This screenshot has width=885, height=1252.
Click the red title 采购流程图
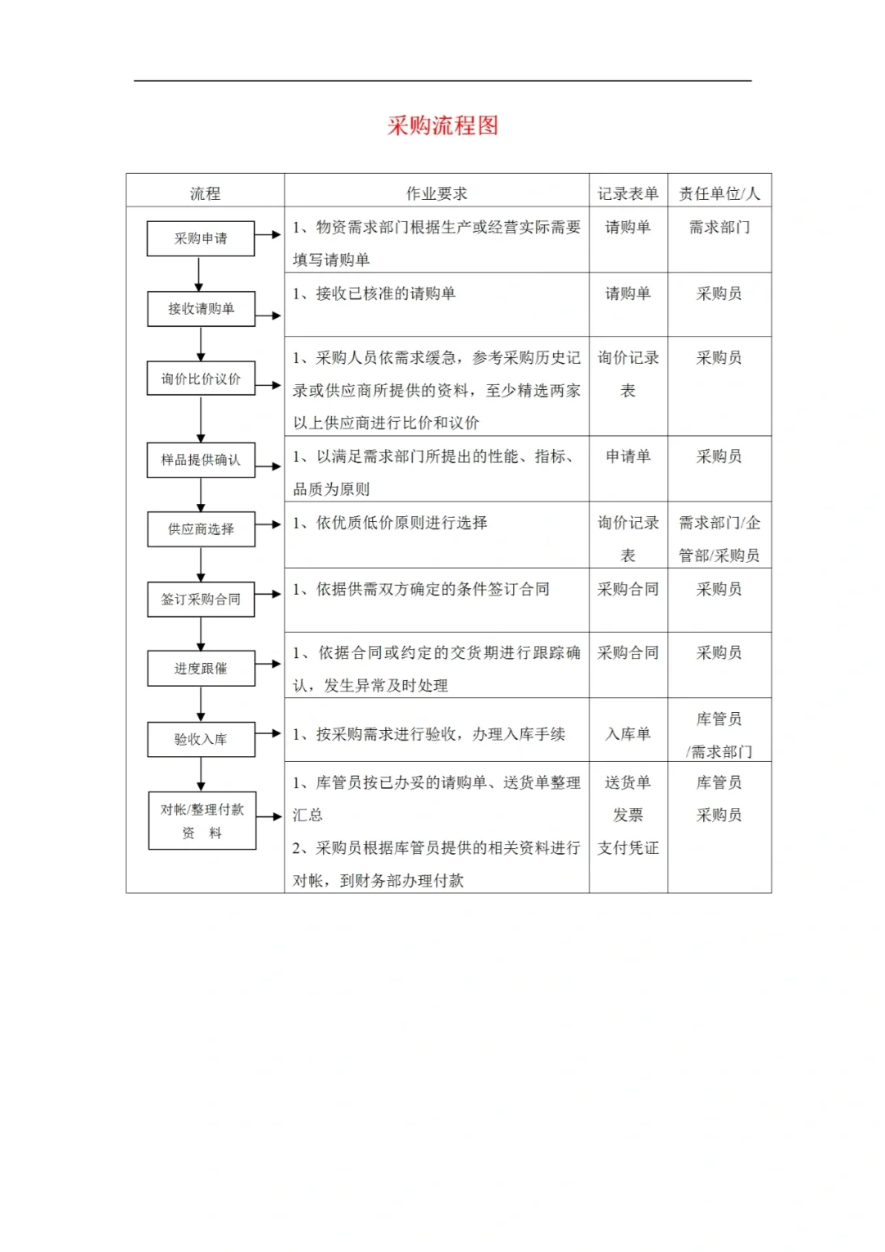pos(442,125)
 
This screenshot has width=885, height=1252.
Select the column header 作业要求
pos(437,193)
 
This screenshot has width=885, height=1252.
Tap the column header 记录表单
pos(628,193)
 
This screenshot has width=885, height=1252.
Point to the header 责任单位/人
pos(719,193)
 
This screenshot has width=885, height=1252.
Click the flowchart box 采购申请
pos(201,238)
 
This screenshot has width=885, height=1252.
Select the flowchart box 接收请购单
pos(201,309)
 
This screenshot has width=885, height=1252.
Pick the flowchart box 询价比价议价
pos(201,379)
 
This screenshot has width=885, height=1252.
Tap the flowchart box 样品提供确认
pos(201,460)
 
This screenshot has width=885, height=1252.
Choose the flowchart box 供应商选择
pos(201,529)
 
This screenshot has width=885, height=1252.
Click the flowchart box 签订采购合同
pos(201,599)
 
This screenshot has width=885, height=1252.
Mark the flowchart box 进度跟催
pos(201,669)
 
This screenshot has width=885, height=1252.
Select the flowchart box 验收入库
pos(201,739)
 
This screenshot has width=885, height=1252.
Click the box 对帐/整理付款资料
pos(202,820)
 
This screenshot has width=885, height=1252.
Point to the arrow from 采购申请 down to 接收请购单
pos(199,274)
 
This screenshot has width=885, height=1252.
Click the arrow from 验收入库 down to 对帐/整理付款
pos(201,774)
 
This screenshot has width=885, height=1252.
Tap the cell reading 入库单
pos(628,734)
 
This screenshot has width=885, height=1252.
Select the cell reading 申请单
pos(628,456)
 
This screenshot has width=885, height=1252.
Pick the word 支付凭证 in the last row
pos(628,848)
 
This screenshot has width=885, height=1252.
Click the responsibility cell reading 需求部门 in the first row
pos(719,227)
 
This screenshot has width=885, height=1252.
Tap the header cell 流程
pos(205,193)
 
